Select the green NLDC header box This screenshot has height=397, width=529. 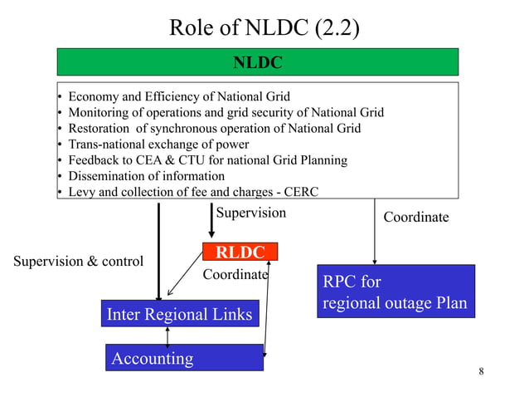coord(257,62)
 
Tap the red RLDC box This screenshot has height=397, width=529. coord(240,252)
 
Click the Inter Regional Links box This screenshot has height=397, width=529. coord(179,314)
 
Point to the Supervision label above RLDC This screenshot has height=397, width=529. coord(250,213)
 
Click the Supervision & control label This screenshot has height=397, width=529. coord(78,261)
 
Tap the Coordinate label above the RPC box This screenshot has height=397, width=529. coord(415,217)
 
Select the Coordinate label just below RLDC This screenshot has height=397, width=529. coord(235,273)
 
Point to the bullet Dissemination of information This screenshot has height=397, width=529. coord(146,176)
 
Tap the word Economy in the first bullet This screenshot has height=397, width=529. coord(93,96)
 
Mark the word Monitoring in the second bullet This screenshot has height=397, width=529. coord(99,112)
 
